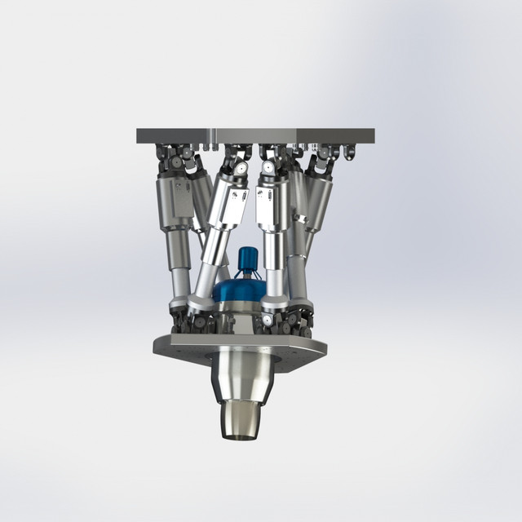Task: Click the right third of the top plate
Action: pos(334,135)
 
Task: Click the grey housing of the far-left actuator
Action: pos(174,200)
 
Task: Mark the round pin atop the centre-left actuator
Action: pos(242,168)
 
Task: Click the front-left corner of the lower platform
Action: pos(163,346)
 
